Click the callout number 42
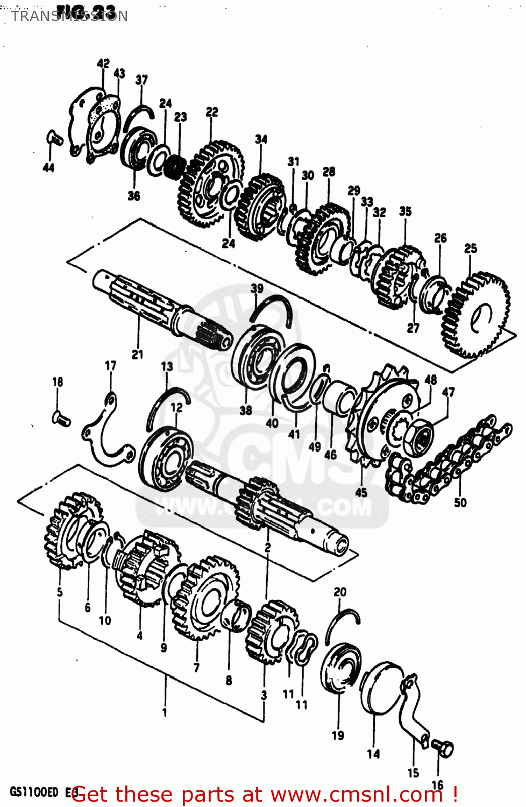point(103,63)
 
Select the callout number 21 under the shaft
point(137,354)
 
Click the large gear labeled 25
point(476,315)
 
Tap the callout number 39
point(257,288)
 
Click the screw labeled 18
point(61,417)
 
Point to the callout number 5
point(60,592)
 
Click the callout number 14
point(373,754)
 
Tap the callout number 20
point(340,592)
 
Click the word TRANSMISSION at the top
point(69,16)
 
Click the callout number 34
point(261,139)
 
